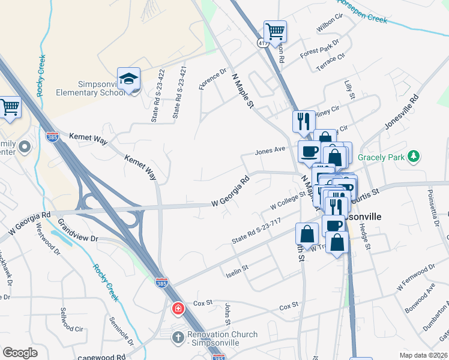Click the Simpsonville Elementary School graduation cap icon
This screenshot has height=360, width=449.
tap(128, 79)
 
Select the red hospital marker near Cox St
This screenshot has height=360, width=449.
tap(178, 310)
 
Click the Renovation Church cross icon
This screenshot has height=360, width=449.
tap(178, 337)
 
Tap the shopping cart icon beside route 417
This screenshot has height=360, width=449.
tap(275, 30)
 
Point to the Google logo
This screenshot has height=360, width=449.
tap(20, 353)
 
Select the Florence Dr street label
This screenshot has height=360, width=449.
tap(213, 79)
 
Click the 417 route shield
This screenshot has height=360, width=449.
tap(263, 43)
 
